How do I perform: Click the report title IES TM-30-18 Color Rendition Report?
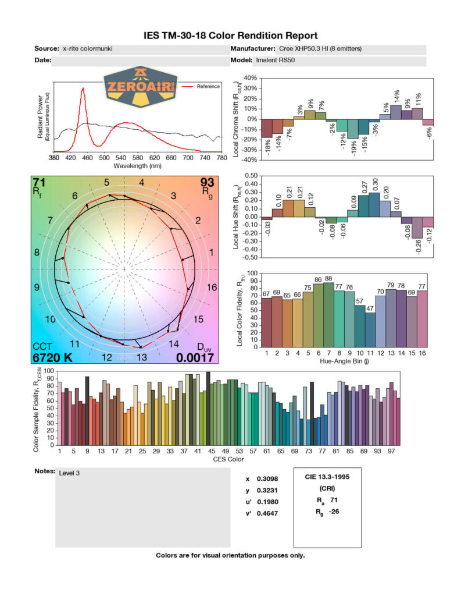pos(230,36)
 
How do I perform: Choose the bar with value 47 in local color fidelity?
pos(370,329)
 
